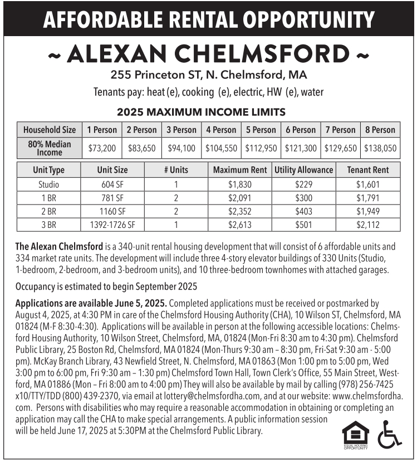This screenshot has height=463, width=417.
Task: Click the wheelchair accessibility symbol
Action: [x=389, y=434]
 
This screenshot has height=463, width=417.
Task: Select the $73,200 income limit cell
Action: [x=102, y=148]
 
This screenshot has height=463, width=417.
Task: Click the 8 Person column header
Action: [x=380, y=130]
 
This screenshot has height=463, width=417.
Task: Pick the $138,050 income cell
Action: [x=380, y=148]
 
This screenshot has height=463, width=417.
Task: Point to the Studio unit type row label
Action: [x=48, y=184]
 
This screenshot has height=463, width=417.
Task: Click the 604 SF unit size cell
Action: [x=112, y=184]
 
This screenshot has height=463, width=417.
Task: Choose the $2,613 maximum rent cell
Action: [x=240, y=225]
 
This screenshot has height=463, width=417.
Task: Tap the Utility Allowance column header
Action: [x=303, y=170]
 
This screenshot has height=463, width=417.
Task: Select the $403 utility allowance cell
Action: [x=303, y=211]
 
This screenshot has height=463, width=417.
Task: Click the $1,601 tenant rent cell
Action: [x=367, y=184]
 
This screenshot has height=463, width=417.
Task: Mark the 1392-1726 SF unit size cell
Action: [x=112, y=225]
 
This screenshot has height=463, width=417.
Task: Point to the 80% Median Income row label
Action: [x=50, y=148]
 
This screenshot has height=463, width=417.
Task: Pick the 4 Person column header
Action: [x=221, y=130]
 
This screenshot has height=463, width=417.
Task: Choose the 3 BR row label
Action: [x=48, y=225]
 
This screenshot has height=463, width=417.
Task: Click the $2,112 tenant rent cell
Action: [x=367, y=225]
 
